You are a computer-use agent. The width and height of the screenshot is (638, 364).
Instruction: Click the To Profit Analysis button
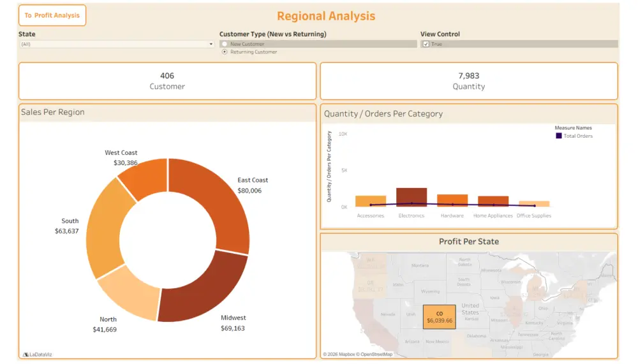coord(52,15)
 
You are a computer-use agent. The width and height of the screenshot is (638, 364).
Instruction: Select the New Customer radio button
coord(225,44)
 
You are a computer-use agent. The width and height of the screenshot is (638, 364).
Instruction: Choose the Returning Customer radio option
coord(225,52)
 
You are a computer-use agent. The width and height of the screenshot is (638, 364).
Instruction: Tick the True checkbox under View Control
coord(426,44)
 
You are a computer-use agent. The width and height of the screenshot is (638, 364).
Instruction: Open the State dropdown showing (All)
coord(117,44)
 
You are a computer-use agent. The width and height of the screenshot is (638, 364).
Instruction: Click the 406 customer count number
coord(167,76)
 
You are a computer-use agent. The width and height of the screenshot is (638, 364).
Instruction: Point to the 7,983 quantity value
coord(468,76)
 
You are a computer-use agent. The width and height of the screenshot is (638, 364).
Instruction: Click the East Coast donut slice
coord(214,198)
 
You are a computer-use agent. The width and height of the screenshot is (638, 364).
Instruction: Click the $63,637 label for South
coord(67,231)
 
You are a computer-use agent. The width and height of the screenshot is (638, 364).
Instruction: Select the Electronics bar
coord(412,197)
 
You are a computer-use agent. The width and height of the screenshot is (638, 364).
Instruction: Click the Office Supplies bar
coord(534,203)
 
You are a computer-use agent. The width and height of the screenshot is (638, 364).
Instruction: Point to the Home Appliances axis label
coord(493,215)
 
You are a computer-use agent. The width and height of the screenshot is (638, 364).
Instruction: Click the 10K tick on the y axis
coord(343,134)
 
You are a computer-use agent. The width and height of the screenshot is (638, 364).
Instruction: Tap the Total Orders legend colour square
coord(559,136)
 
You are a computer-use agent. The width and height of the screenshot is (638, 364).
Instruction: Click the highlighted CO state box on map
coord(439,317)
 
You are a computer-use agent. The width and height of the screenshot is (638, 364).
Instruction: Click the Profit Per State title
coord(468,242)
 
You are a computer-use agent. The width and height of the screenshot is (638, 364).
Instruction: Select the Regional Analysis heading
coord(326,17)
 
